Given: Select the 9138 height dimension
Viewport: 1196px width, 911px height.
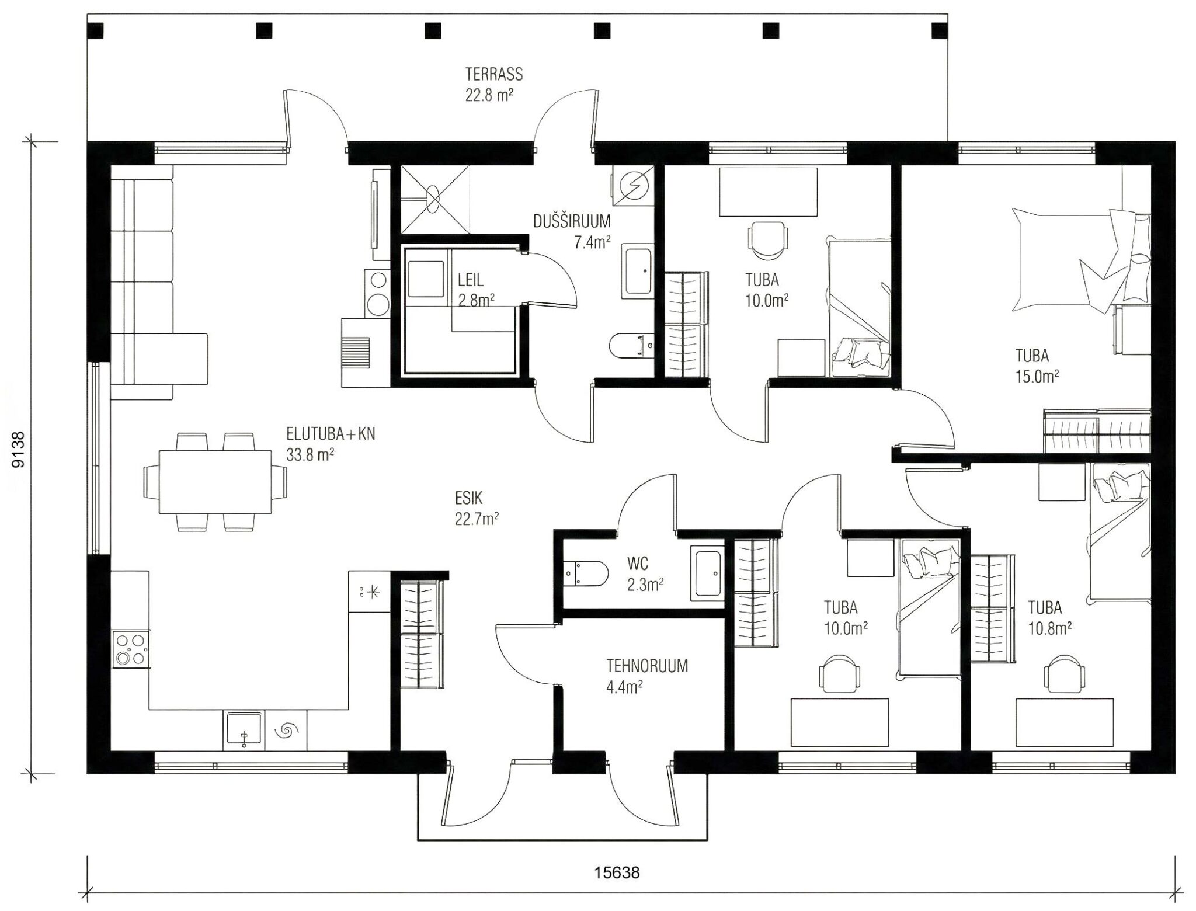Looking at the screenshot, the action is [x=19, y=449].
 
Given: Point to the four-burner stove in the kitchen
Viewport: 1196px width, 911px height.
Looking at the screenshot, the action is [x=131, y=649].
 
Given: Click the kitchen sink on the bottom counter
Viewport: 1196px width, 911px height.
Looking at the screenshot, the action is [x=244, y=731].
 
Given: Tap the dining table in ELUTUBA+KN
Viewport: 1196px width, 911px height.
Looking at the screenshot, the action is [x=215, y=481].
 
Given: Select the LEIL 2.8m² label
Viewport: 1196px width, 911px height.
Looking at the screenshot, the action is [x=477, y=290].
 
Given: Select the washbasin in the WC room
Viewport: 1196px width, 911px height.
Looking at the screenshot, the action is [x=707, y=573].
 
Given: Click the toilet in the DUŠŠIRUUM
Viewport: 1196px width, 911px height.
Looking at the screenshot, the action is [x=631, y=345].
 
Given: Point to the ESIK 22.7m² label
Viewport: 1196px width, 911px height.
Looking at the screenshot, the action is [x=477, y=508].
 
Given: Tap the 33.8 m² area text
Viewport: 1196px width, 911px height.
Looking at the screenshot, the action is [x=310, y=454].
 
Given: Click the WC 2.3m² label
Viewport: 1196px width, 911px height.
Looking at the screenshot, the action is [x=645, y=575].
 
